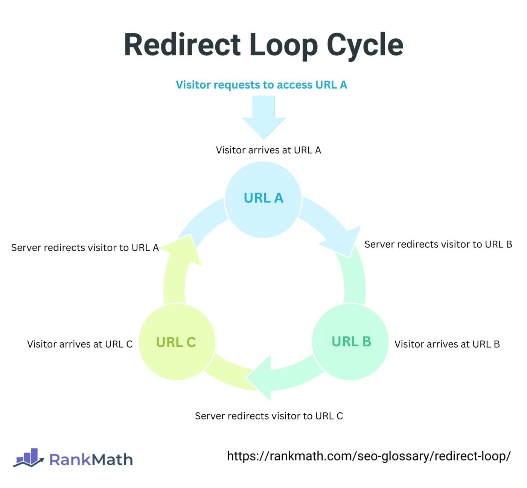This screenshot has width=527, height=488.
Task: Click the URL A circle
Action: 263,200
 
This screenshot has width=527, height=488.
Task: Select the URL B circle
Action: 350,342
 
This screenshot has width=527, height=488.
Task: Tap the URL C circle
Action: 177,342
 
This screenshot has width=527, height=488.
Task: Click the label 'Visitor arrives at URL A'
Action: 268,150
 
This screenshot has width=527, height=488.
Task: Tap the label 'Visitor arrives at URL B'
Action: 447,344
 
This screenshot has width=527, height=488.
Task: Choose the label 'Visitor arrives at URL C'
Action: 80,344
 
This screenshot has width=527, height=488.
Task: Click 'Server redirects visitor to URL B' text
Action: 438,244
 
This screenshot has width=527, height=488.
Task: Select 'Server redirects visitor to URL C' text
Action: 269,416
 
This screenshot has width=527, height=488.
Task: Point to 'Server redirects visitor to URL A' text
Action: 85,248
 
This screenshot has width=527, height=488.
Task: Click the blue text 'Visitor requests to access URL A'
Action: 261,85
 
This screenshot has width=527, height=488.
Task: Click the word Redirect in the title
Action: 182,45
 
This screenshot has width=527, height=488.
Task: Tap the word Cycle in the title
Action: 365,45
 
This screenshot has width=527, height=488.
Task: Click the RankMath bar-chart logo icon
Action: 29,457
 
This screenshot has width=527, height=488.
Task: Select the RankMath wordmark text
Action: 91,460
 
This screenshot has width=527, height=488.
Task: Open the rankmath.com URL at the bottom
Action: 369,456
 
